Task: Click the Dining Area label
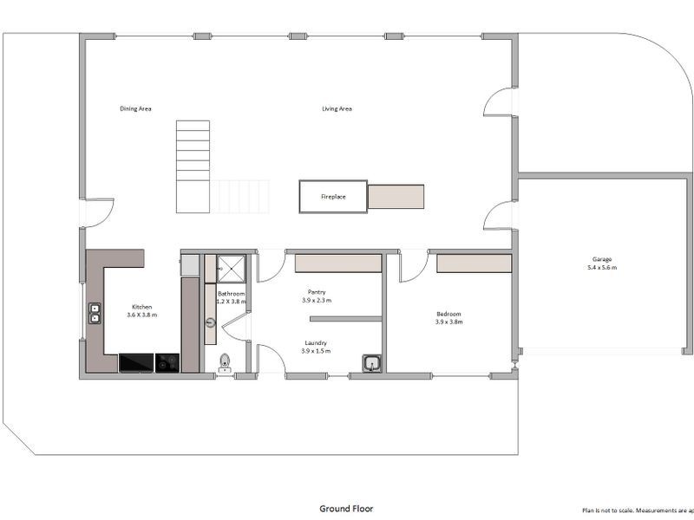pos(135,109)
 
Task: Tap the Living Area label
pos(337,109)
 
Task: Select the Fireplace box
pos(333,197)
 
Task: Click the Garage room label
pos(602,259)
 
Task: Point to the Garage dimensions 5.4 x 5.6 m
pos(602,268)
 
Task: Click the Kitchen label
pos(141,308)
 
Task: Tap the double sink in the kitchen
pos(95,313)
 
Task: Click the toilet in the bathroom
pos(225,362)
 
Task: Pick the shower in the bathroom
pos(231,268)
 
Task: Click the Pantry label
pos(317,292)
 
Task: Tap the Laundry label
pos(317,342)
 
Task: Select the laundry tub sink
pos(372,363)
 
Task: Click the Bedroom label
pos(448,314)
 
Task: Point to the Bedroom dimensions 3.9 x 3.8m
pos(448,322)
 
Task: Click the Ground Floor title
pos(346,509)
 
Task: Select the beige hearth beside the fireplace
pos(396,197)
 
